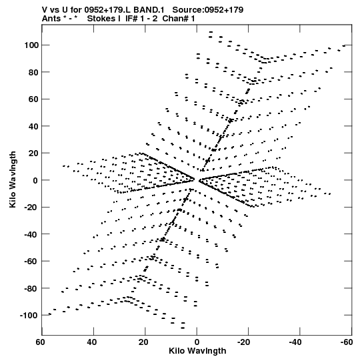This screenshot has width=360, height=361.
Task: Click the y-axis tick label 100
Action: [x=31, y=45]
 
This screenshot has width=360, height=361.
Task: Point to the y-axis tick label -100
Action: [x=29, y=315]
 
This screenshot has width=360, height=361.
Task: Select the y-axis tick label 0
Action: [x=35, y=180]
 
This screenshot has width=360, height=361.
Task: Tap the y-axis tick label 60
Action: [x=33, y=99]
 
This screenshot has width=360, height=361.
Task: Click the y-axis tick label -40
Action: [x=31, y=234]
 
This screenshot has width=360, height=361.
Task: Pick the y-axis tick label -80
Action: [x=31, y=288]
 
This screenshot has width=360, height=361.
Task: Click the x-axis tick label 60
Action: [x=40, y=342]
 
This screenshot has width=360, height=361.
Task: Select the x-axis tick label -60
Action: [x=347, y=342]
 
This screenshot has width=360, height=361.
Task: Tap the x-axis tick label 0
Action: [x=197, y=342]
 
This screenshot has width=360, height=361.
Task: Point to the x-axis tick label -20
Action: [x=243, y=342]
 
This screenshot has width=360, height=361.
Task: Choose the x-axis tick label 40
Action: [x=92, y=342]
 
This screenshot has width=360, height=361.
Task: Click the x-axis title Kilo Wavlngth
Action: [x=197, y=351]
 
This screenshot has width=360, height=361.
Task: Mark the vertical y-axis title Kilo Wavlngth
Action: [x=13, y=179]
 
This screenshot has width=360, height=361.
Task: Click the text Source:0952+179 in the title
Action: [x=208, y=9]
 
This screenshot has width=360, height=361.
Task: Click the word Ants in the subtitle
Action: [x=51, y=19]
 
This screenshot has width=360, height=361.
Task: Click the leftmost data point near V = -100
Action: [x=50, y=314]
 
